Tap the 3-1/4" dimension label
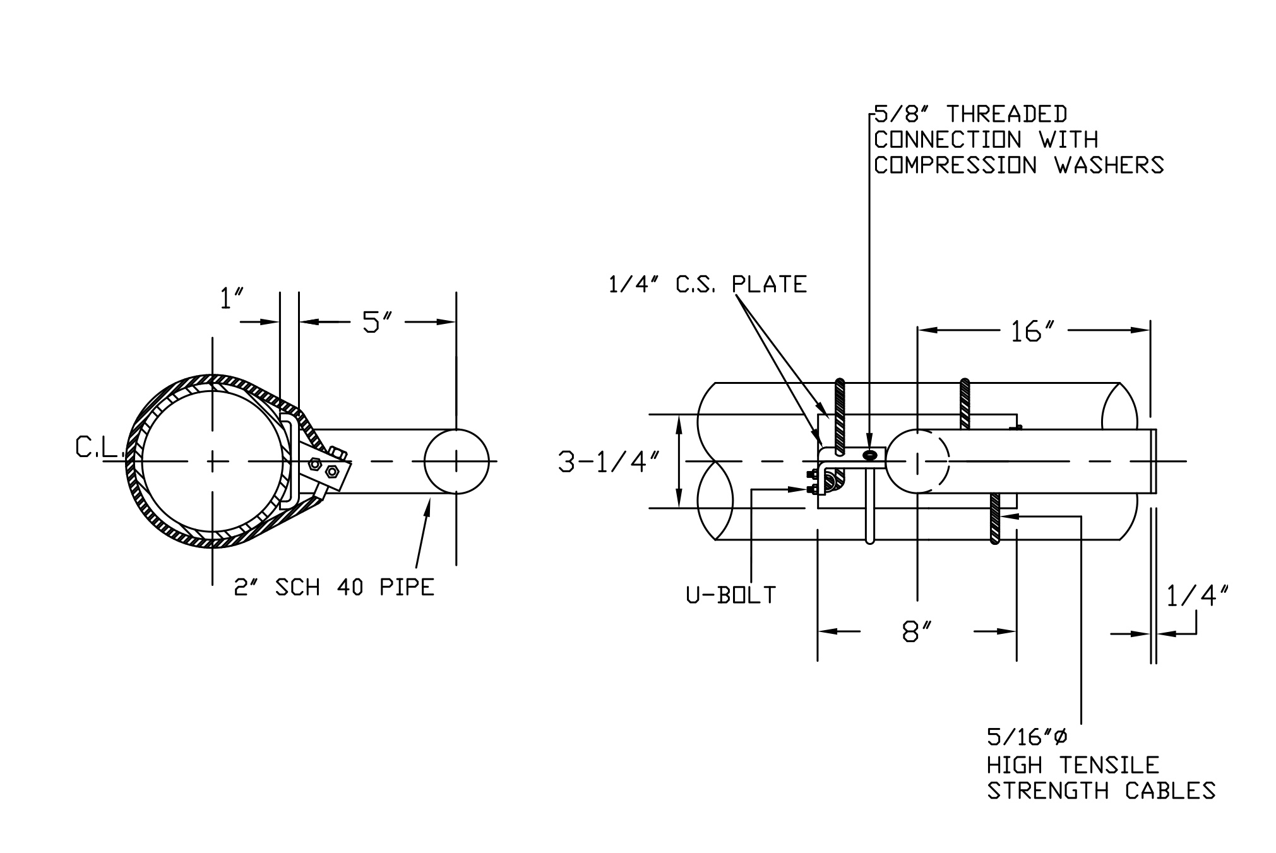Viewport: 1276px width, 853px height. point(609,462)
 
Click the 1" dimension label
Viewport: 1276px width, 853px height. point(231,299)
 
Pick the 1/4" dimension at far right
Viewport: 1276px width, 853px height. point(1197,595)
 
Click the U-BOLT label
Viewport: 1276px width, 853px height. point(730,595)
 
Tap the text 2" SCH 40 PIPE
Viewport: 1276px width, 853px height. point(334,588)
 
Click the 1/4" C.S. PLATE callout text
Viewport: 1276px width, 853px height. point(707,285)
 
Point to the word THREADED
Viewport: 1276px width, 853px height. point(1006,114)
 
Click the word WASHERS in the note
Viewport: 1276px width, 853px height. point(1109,165)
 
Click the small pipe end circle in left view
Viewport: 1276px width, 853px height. point(456,462)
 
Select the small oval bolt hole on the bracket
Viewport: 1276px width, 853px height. point(870,455)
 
